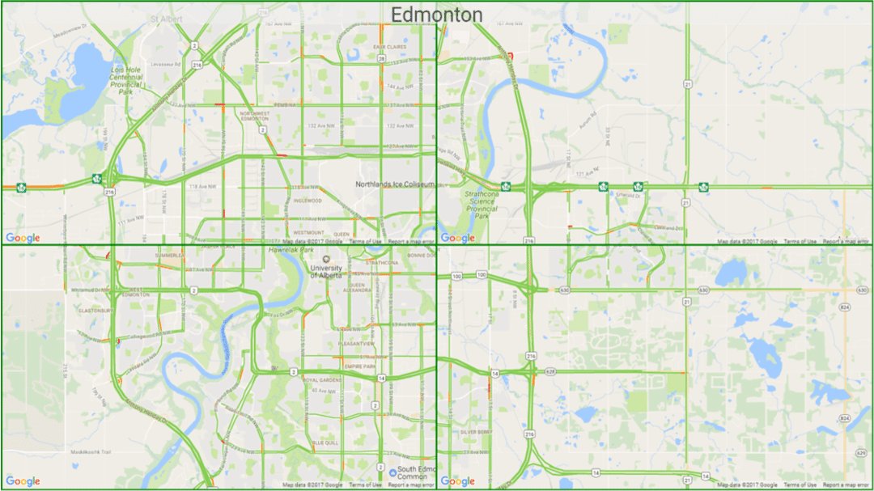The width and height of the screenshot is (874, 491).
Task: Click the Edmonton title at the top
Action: (436, 15)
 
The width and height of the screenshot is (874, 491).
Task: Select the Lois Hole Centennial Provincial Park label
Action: (126, 81)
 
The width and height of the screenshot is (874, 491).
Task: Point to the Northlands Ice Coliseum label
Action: (395, 184)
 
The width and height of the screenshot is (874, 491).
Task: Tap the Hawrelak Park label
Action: (284, 251)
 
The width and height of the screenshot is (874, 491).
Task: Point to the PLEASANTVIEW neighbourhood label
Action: (357, 344)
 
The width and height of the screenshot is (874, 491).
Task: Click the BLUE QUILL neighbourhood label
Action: (325, 442)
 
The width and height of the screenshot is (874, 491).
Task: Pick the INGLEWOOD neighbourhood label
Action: (308, 201)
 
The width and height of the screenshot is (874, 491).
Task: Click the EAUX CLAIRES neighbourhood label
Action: (389, 47)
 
